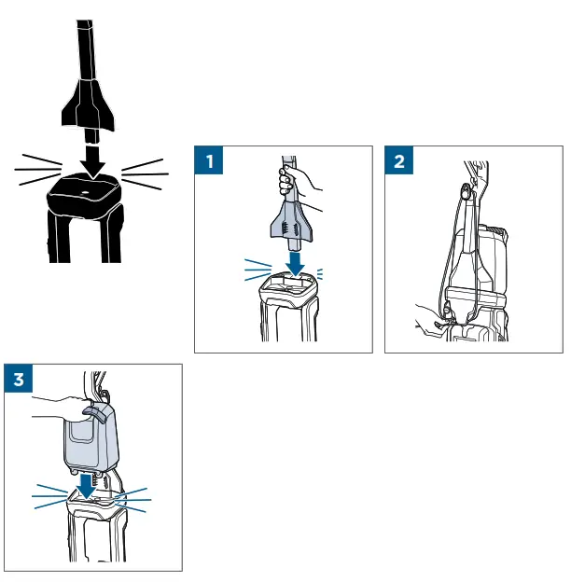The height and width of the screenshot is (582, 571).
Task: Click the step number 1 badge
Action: coord(209,160)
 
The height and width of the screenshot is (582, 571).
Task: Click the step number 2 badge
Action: coord(398,160)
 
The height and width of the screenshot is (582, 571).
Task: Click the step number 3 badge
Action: coord(18,379)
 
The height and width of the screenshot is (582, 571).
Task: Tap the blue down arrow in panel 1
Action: coord(296,264)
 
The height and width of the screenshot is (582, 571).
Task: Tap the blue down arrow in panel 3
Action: coord(86,486)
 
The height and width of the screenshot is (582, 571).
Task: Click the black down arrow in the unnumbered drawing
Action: coord(93,162)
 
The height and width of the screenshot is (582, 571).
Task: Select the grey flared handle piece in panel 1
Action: coord(291,224)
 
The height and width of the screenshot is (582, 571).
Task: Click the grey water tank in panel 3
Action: coord(91,438)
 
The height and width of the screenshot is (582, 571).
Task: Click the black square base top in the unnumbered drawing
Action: coord(84,195)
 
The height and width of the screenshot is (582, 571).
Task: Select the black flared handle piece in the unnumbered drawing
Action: coord(88,104)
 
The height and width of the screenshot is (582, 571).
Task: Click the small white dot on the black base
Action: coord(85,193)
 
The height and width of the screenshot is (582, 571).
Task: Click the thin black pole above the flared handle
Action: coord(86,49)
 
